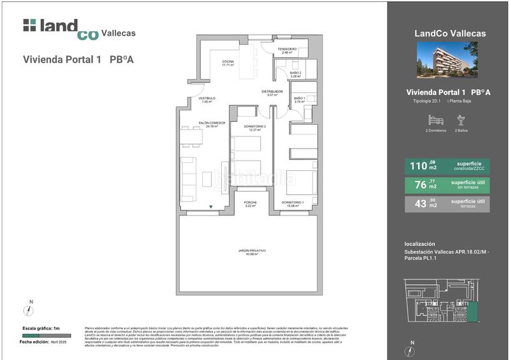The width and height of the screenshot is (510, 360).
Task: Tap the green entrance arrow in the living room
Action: (x=211, y=206)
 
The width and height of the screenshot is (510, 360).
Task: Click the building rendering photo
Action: (x=446, y=60)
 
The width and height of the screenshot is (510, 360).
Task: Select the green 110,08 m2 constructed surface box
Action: (x=447, y=166)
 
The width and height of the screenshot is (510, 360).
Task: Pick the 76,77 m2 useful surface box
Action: (x=447, y=185)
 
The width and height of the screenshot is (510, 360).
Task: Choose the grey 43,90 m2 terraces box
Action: (x=447, y=204)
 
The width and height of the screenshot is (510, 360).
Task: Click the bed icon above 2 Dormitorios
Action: (x=435, y=120)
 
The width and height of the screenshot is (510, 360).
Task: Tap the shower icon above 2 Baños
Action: (x=461, y=120)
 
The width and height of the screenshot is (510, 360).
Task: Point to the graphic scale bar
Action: (x=41, y=335)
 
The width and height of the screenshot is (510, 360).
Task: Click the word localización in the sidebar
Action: (x=419, y=244)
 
